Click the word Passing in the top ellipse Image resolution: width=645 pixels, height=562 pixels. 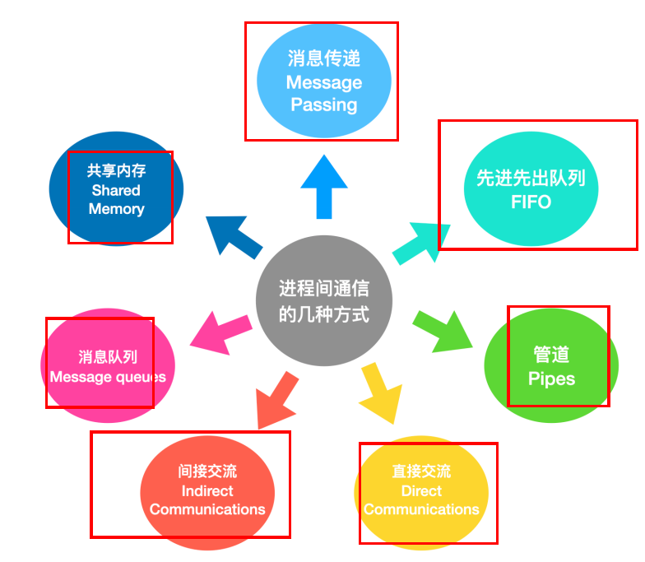pyautogui.click(x=324, y=105)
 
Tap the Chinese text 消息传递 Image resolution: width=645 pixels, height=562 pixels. pyautogui.click(x=324, y=59)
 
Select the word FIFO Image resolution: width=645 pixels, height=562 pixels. pyautogui.click(x=531, y=202)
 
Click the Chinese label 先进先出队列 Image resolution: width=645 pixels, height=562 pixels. pyautogui.click(x=531, y=178)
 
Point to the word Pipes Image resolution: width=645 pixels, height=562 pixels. pyautogui.click(x=551, y=379)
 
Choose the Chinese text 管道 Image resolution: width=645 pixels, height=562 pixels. pyautogui.click(x=551, y=355)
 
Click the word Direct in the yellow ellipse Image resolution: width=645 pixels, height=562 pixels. pyautogui.click(x=421, y=491)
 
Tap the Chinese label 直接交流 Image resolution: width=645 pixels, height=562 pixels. pyautogui.click(x=421, y=471)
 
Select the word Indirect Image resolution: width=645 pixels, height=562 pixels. pyautogui.click(x=207, y=491)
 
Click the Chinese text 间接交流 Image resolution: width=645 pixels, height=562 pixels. pyautogui.click(x=207, y=471)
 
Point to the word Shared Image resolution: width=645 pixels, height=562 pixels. pyautogui.click(x=116, y=190)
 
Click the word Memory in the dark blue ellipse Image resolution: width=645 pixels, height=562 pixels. pyautogui.click(x=116, y=209)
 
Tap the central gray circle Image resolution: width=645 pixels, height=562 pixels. pyautogui.click(x=324, y=300)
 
